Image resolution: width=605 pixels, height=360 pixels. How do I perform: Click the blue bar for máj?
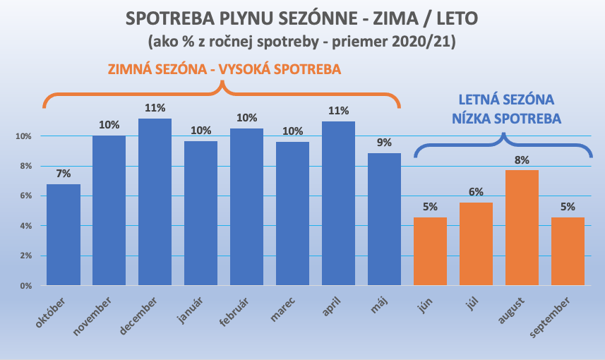[x=384, y=220]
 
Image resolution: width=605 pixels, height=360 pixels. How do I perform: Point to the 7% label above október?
[x=64, y=174]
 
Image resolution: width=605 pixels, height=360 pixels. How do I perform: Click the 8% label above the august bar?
[x=522, y=160]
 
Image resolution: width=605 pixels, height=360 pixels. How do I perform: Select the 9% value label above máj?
[x=384, y=143]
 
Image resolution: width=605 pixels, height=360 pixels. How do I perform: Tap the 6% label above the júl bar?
[x=476, y=192]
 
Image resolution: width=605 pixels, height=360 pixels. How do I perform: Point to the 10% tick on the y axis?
[x=23, y=136]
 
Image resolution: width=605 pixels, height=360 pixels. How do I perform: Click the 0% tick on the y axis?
[x=25, y=286]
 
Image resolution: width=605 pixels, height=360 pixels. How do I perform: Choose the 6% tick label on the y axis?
[x=25, y=196]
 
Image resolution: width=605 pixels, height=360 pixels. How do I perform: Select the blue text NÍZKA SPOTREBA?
[x=507, y=119]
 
